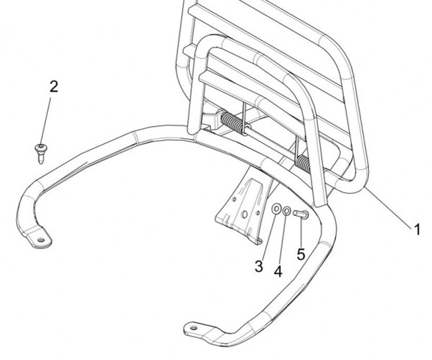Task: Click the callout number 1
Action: [415, 229]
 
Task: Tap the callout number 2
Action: [53, 86]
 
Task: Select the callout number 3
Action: [259, 266]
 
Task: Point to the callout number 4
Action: [278, 272]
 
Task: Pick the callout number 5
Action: [301, 254]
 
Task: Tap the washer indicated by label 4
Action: [288, 211]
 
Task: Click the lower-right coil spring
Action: [305, 162]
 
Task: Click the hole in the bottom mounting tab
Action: [194, 328]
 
